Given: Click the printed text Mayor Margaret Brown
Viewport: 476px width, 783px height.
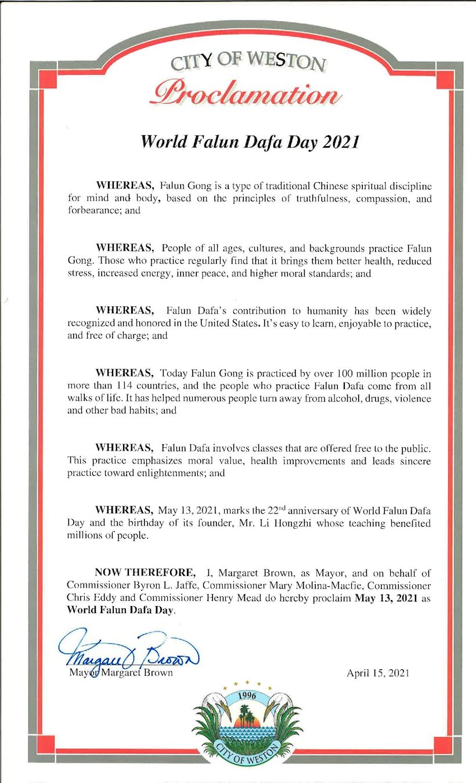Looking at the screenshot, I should point(119,673).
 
